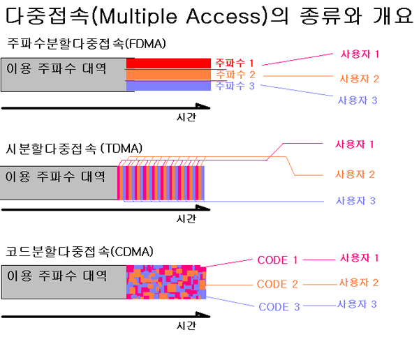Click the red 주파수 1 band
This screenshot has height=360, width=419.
point(168,63)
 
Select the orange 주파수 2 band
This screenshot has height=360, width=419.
point(168,75)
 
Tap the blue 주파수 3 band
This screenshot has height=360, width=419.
point(168,86)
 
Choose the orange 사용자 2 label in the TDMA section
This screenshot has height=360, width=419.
point(355,174)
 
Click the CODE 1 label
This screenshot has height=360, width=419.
point(277,260)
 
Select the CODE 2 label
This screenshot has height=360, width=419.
point(277,284)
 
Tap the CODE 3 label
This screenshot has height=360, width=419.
point(279,306)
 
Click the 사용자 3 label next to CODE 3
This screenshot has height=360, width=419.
point(357,304)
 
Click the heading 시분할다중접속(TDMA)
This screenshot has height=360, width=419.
point(74,148)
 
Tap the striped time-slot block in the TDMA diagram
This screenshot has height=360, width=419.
point(161,183)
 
